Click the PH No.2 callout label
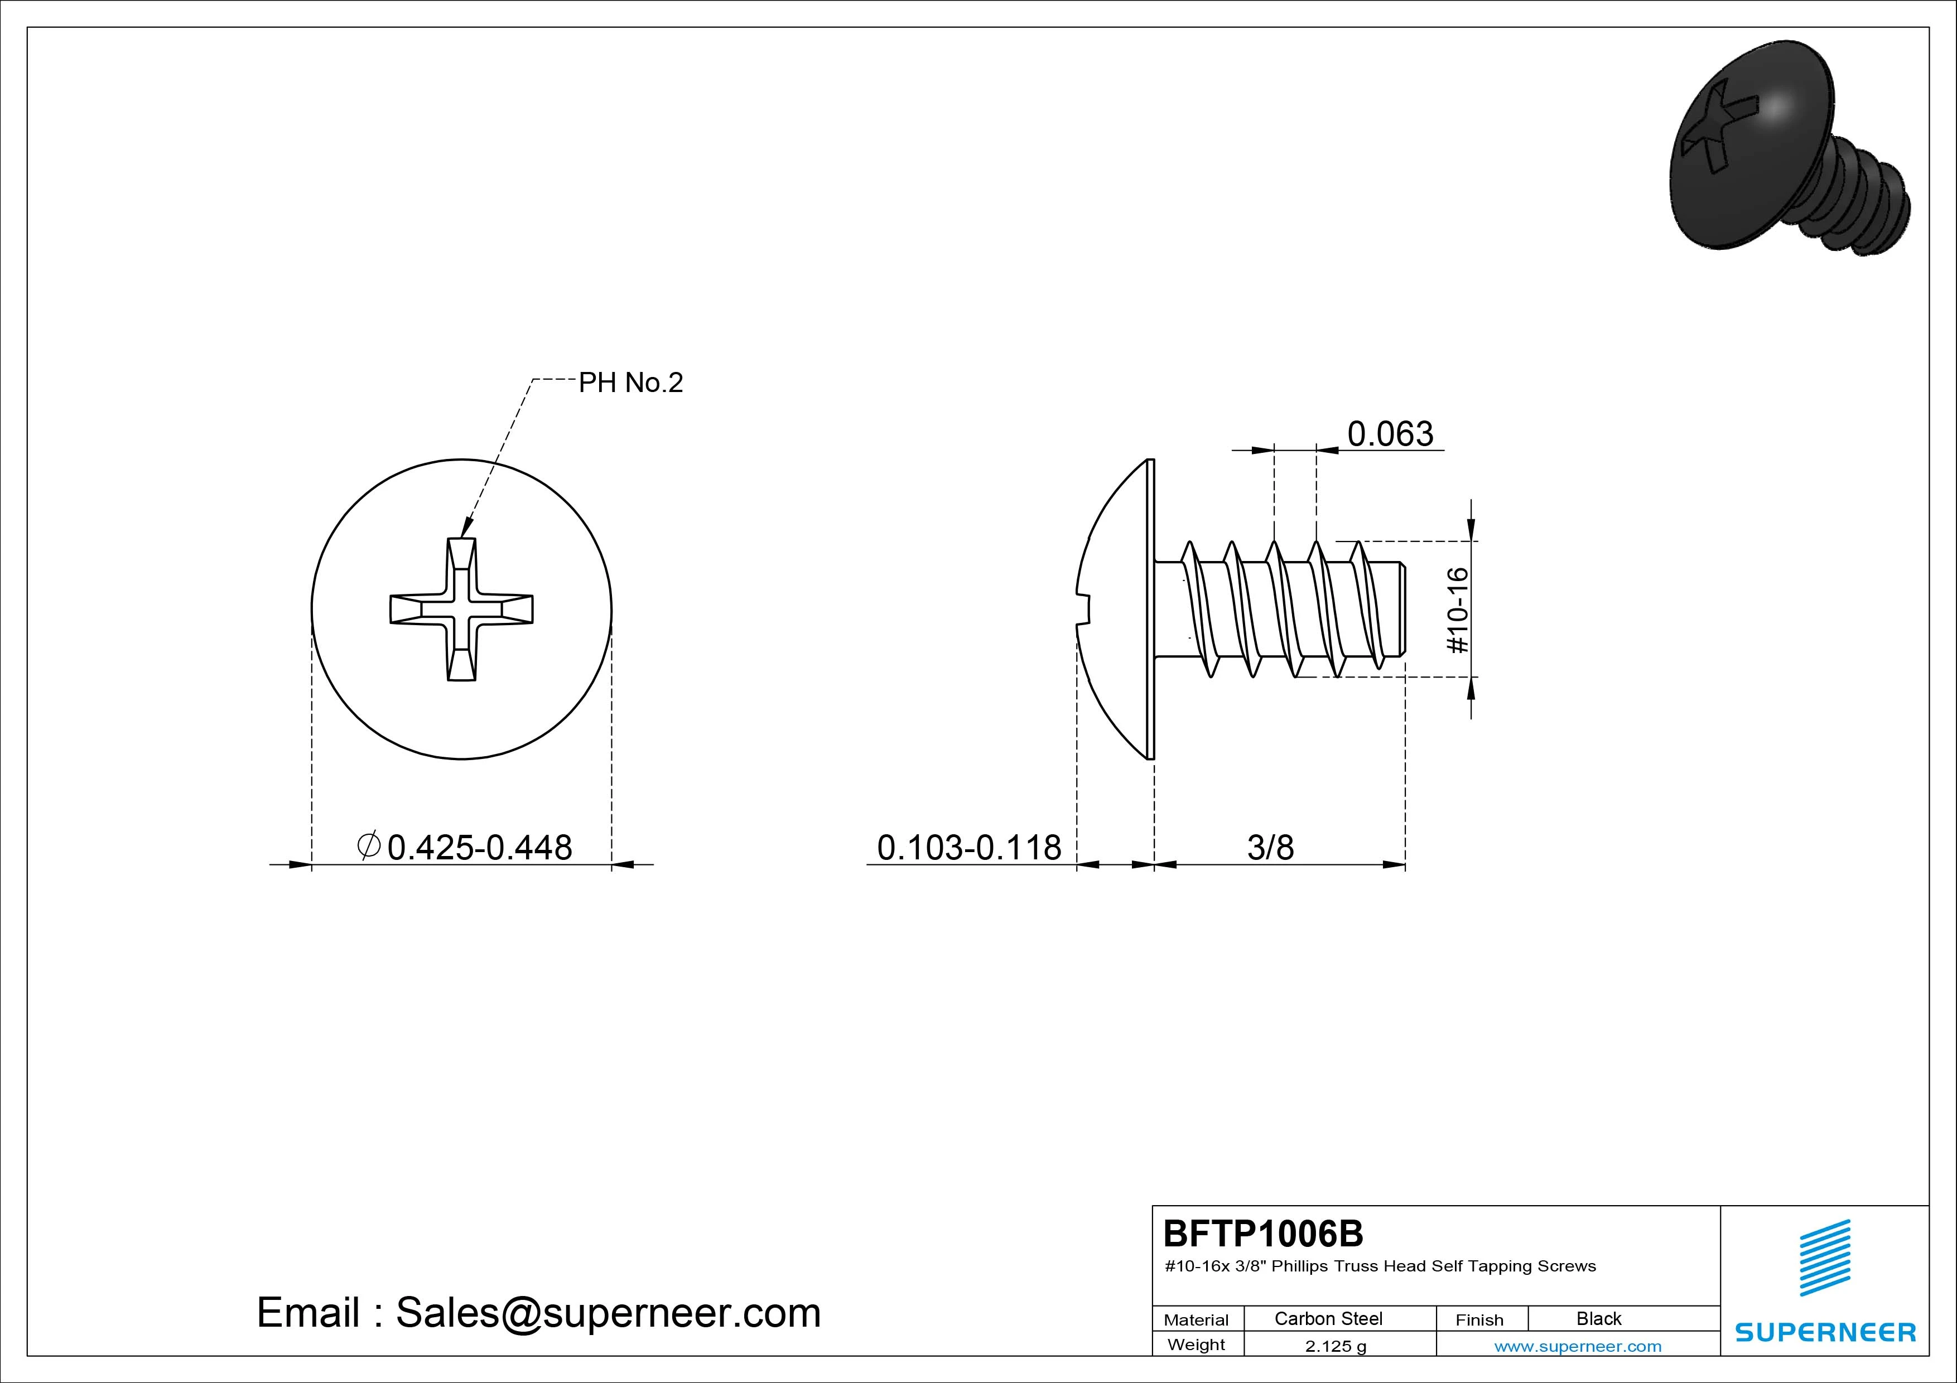[x=631, y=383]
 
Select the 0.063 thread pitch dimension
[x=1390, y=434]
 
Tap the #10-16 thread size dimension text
[x=1459, y=610]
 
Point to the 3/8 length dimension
[x=1270, y=847]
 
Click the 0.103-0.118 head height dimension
[x=969, y=847]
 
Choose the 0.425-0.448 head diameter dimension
[x=480, y=847]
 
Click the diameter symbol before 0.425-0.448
[x=368, y=845]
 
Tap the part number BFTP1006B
[x=1263, y=1233]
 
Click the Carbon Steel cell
[x=1328, y=1318]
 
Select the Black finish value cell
[x=1599, y=1318]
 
